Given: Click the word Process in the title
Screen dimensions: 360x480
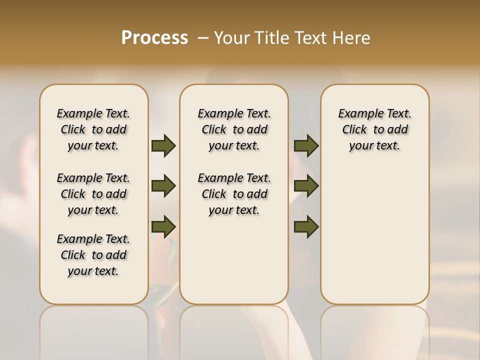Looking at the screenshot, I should [x=154, y=38].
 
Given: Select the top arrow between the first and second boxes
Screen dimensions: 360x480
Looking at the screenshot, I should [x=163, y=145].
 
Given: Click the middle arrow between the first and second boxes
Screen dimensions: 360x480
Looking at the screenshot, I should [x=163, y=186].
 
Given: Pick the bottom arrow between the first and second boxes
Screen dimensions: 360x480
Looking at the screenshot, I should [x=163, y=227].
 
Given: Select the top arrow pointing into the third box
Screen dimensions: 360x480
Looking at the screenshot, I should [x=306, y=145].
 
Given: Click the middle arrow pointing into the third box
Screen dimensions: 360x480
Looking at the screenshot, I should [x=306, y=186].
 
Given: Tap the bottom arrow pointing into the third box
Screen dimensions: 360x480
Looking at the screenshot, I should [x=306, y=227].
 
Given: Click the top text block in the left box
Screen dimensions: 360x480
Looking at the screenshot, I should [x=93, y=129].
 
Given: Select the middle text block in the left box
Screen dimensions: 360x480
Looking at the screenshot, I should [x=93, y=194].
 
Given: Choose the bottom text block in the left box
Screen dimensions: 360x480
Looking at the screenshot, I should [x=93, y=255].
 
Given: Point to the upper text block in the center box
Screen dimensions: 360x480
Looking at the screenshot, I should [x=234, y=129].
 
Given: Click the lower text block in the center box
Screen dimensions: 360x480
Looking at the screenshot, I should [x=234, y=194].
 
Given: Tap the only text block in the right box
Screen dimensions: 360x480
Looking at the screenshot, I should [x=374, y=129].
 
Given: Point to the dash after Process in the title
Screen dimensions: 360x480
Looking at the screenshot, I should [x=203, y=38].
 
